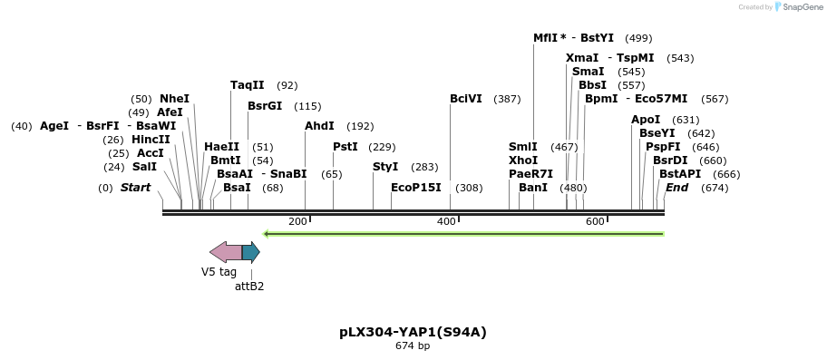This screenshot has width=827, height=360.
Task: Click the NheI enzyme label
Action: coord(174,99)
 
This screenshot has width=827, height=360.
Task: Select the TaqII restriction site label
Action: coord(247,85)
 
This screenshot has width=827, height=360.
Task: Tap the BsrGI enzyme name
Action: coord(265,106)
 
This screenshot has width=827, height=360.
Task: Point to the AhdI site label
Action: coord(319,126)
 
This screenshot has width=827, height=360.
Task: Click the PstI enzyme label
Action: coord(345,147)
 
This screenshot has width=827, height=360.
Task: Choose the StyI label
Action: coord(385,167)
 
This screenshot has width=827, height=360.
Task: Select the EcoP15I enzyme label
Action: coord(415,188)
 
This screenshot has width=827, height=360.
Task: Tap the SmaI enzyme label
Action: coord(589,72)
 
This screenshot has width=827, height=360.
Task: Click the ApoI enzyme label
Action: coord(646,120)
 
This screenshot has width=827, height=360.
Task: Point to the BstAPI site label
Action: coord(680,174)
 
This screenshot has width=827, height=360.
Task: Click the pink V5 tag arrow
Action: coord(226,251)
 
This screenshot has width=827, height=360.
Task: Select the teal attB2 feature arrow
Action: coord(251,251)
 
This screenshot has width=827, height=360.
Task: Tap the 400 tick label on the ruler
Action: coord(446,222)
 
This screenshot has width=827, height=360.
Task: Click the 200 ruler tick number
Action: coord(297,222)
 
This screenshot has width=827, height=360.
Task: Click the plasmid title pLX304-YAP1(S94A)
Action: coord(413,332)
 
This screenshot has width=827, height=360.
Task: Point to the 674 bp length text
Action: coord(413,345)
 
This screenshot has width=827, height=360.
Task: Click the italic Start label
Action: coord(135,188)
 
